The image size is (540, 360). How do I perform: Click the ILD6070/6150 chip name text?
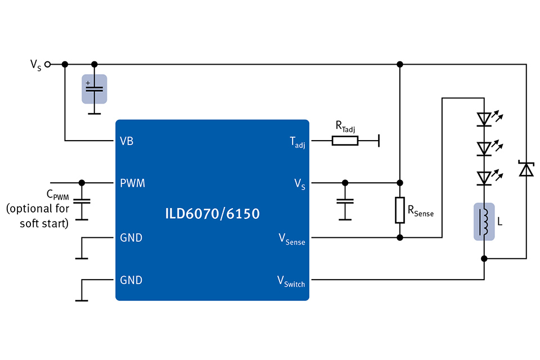tap(213, 214)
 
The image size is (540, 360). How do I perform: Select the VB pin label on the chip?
tap(127, 141)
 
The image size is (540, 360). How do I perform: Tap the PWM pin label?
tap(132, 183)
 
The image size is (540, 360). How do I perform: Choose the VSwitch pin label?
tap(291, 281)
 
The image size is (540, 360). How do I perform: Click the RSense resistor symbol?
tap(400, 210)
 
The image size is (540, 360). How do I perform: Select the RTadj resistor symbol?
tap(344, 140)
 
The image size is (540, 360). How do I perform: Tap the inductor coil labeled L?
tap(484, 222)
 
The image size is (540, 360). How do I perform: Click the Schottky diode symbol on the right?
tap(526, 169)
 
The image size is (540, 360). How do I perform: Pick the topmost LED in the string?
tap(484, 119)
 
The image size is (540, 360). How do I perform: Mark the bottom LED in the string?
tap(484, 178)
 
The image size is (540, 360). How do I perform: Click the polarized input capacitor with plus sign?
tap(94, 89)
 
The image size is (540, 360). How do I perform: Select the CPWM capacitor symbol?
tap(82, 201)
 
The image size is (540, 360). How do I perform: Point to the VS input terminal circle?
tap(48, 64)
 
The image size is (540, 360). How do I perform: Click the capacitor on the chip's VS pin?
tap(344, 201)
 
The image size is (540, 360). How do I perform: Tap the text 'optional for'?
tap(38, 209)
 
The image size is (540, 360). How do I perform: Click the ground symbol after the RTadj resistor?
tap(379, 140)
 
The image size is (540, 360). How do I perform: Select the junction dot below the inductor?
tap(484, 259)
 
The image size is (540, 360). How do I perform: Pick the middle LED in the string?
tap(484, 148)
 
